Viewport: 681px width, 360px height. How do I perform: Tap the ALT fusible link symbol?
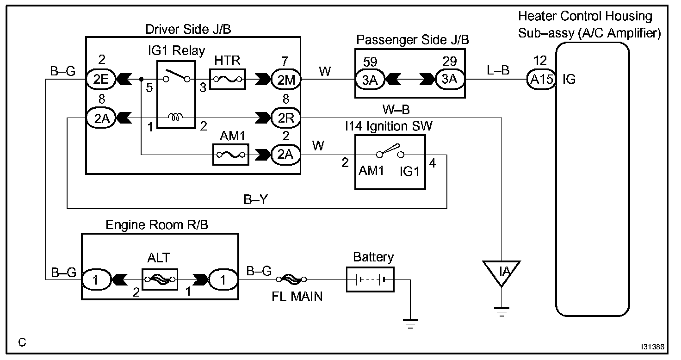[x=160, y=279]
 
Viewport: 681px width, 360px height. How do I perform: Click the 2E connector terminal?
[x=98, y=80]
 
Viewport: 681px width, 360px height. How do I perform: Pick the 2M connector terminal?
[x=286, y=80]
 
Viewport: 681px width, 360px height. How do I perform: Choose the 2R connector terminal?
[x=286, y=118]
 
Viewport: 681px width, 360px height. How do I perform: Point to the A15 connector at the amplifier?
[x=541, y=80]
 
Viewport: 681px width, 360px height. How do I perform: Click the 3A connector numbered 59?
[x=369, y=80]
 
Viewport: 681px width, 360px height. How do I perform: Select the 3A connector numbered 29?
[x=449, y=80]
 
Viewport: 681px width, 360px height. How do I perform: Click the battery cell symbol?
[x=370, y=280]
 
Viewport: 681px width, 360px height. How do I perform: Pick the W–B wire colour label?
[x=396, y=110]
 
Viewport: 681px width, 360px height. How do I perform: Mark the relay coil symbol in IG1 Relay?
[x=176, y=118]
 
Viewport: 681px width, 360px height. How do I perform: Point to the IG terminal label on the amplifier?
[x=569, y=79]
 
